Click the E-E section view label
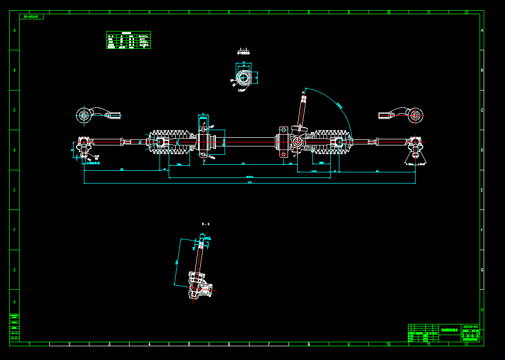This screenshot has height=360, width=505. [243, 50]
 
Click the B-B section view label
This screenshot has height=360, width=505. [206, 224]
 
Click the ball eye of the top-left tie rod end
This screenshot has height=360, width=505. [83, 116]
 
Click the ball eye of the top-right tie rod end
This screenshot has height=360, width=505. [417, 116]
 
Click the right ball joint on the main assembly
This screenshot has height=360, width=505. [415, 147]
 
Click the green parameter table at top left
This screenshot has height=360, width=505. [129, 40]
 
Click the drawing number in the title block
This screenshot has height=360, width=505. [470, 327]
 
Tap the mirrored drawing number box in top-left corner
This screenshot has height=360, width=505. [32, 17]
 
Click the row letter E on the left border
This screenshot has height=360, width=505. [14, 190]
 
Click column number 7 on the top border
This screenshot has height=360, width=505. [268, 12]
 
